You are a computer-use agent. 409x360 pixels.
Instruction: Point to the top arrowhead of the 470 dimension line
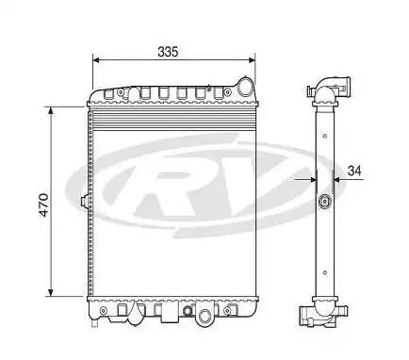tap(51, 108)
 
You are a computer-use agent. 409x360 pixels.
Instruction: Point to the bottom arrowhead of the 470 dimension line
tap(51, 293)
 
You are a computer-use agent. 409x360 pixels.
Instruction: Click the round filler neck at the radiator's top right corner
tap(247, 88)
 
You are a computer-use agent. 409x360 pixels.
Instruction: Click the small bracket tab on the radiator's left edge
tap(86, 202)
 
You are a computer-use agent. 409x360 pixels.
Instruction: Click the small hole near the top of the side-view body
tap(325, 136)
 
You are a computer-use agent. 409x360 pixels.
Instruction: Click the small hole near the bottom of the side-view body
tap(326, 270)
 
